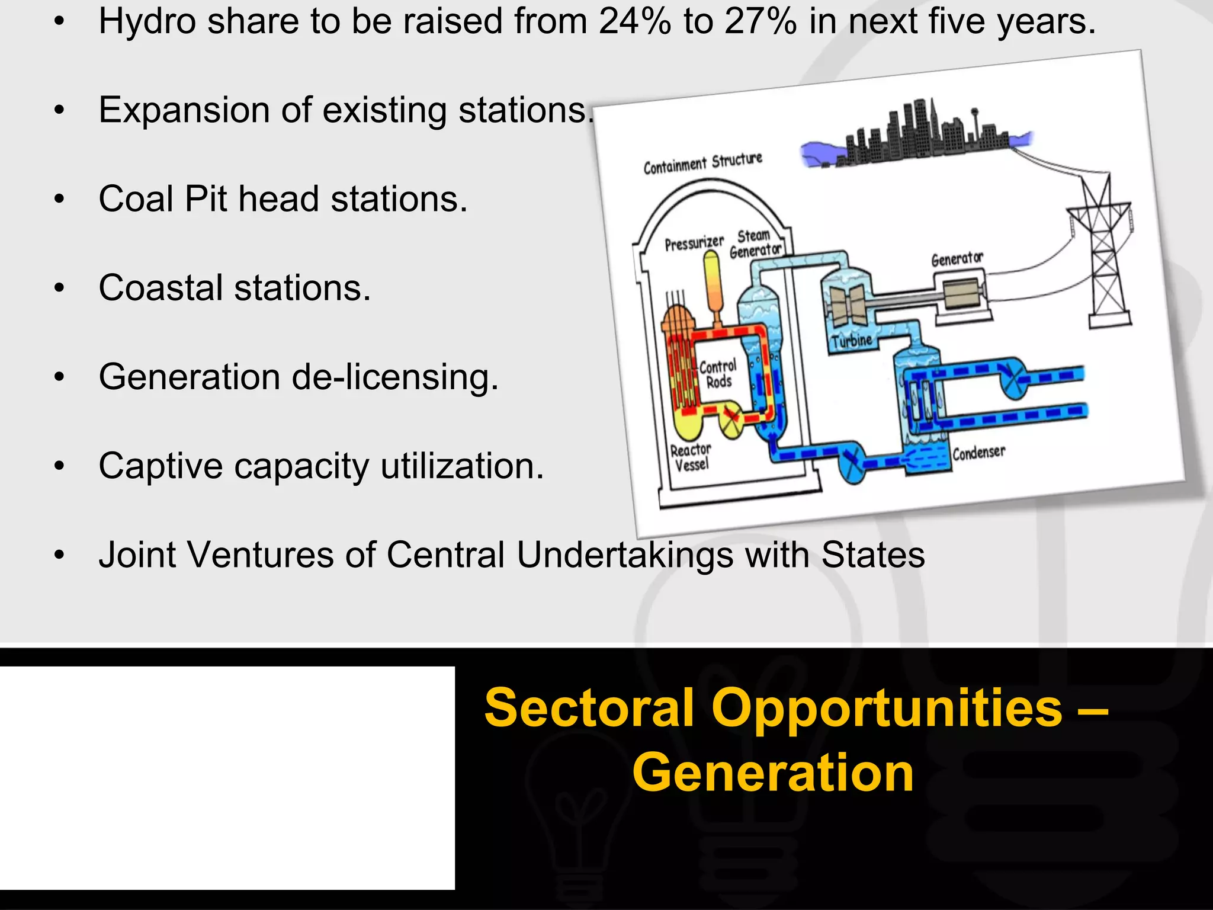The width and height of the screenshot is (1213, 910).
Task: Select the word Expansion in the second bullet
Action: [184, 111]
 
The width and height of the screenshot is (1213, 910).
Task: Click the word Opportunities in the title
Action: [887, 709]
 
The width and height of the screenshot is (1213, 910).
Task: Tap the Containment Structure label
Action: [702, 162]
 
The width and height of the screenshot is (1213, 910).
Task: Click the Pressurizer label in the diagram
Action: [694, 243]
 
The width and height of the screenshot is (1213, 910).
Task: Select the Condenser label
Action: [978, 453]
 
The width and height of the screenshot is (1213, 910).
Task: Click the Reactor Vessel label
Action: [691, 457]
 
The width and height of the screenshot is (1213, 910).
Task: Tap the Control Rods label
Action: [718, 374]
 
